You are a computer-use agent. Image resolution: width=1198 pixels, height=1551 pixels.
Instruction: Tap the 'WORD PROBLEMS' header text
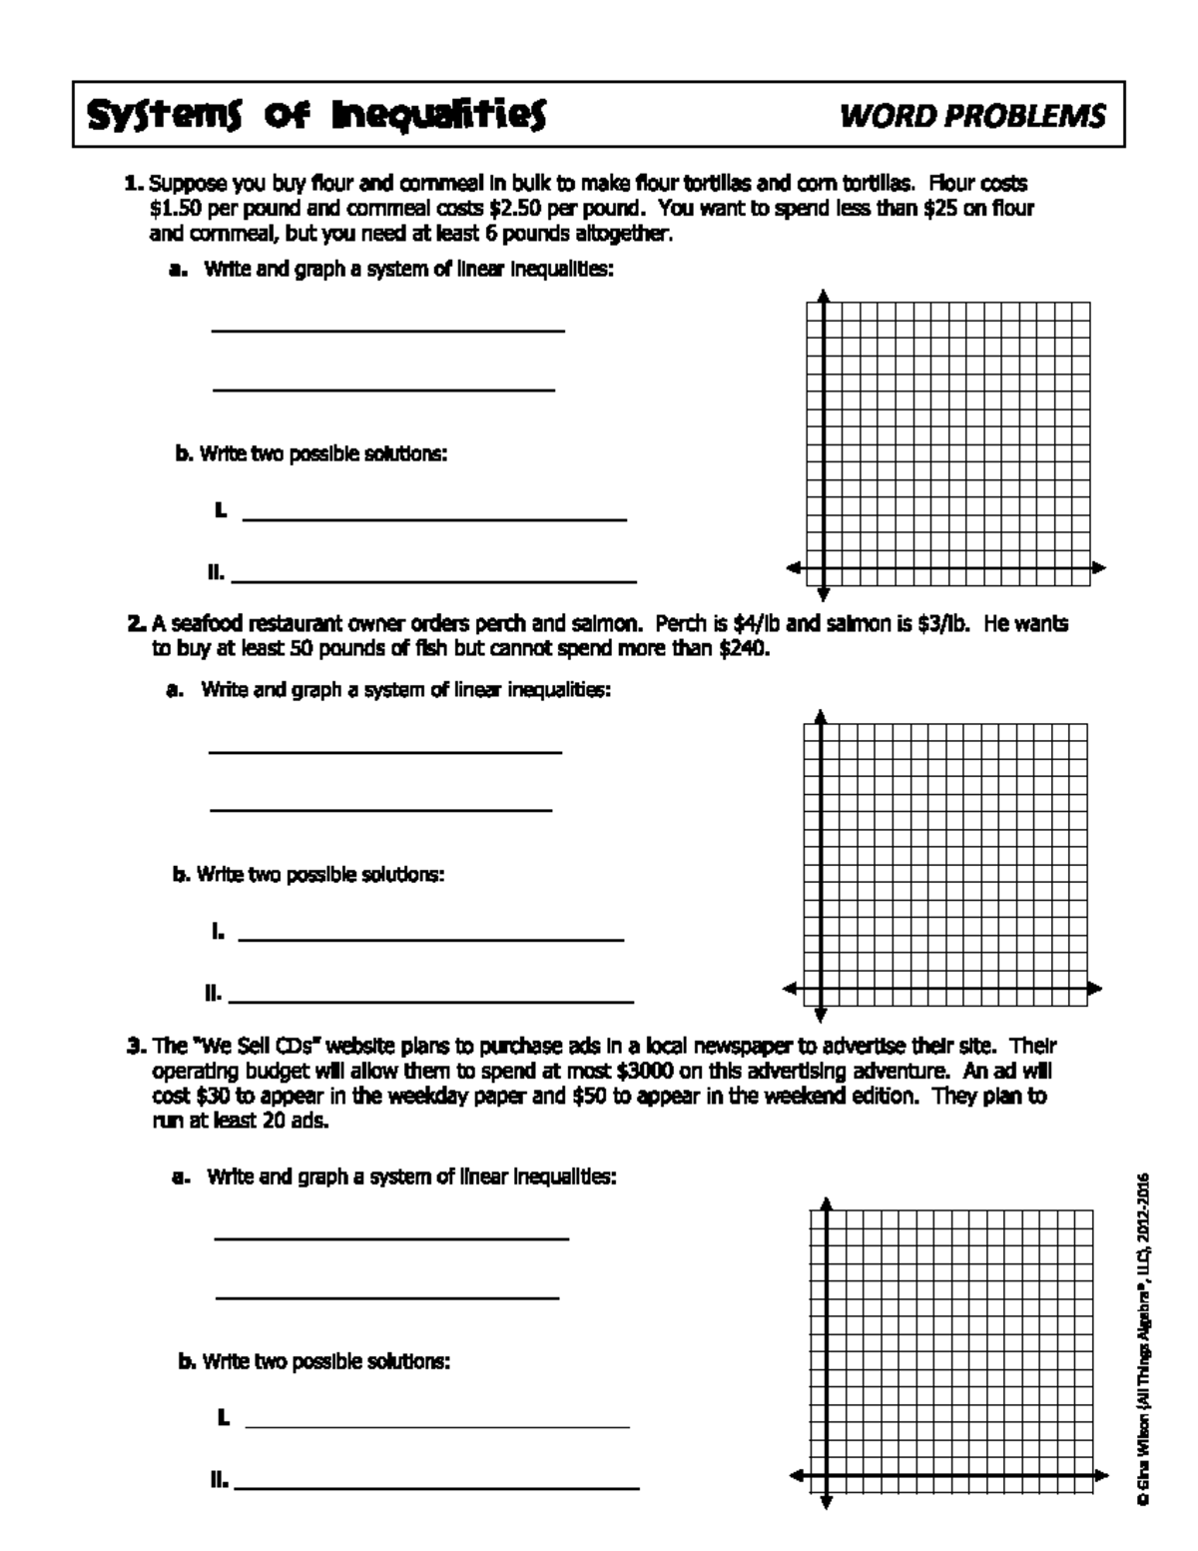coord(972,117)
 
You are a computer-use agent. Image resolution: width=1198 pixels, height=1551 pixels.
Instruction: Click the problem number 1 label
coord(133,185)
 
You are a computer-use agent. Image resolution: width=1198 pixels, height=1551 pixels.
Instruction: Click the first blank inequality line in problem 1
coord(387,330)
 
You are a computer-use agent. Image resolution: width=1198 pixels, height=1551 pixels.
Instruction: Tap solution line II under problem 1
coord(433,580)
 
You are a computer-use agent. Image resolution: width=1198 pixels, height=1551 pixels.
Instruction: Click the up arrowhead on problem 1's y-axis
coord(824,296)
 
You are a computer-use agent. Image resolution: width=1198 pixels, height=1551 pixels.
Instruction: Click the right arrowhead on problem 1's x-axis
coord(1099,568)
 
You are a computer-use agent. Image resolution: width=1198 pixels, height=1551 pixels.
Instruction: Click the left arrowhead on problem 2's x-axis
coord(790,989)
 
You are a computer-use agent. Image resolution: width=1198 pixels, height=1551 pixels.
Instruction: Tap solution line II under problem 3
coord(436,1489)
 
